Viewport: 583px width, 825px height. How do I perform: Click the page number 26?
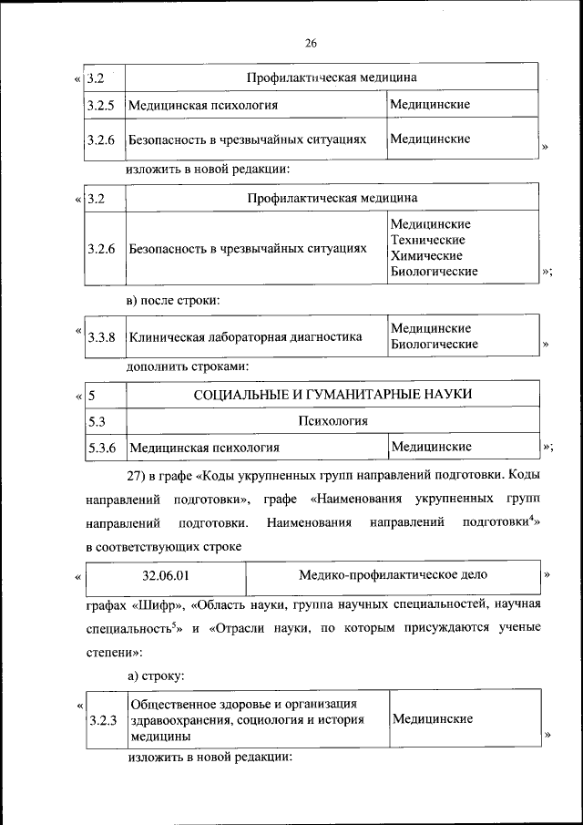point(311,43)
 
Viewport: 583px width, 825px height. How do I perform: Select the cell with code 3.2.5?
point(100,105)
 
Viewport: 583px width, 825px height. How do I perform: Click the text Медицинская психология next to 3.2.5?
point(203,105)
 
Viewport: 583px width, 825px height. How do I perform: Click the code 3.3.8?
point(101,337)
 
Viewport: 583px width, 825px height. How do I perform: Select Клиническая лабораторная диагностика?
point(246,337)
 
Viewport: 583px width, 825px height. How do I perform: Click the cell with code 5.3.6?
point(101,448)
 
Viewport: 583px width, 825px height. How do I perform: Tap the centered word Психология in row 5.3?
point(332,421)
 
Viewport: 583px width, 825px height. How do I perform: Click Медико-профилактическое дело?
point(393,575)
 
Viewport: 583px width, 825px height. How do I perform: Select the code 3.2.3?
point(103,720)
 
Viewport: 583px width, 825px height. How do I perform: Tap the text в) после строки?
point(172,299)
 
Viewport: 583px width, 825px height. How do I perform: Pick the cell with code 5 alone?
point(93,395)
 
